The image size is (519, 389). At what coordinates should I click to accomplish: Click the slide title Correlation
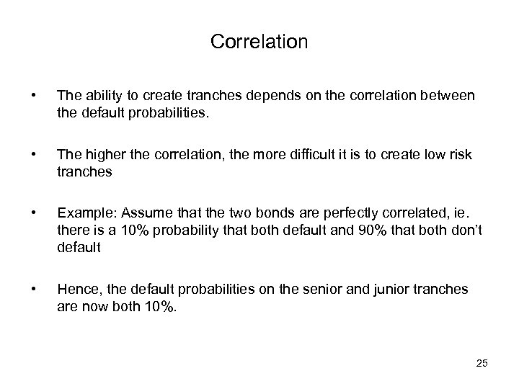pyautogui.click(x=259, y=43)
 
